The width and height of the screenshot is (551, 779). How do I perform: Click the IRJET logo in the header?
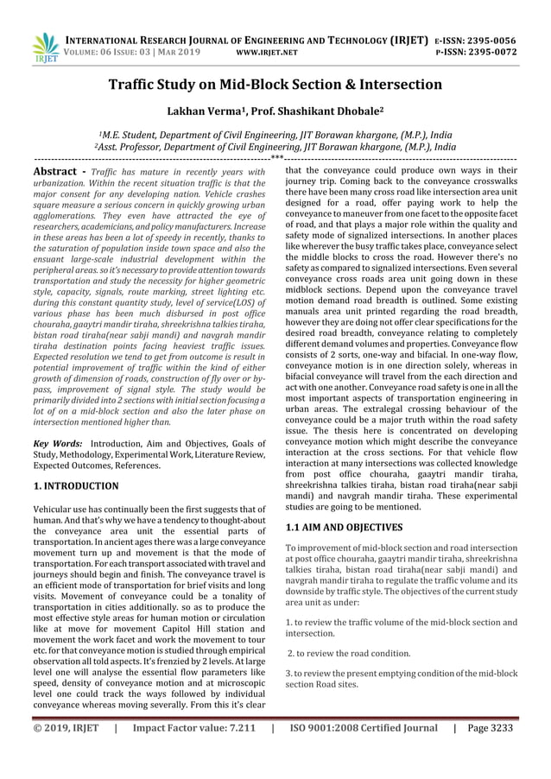point(43,47)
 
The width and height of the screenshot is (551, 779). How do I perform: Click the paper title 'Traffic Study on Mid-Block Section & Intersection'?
point(275,85)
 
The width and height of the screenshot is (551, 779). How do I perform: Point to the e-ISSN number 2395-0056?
point(488,40)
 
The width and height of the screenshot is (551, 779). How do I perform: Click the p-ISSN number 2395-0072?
point(488,52)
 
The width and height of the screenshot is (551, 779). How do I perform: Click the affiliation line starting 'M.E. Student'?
point(275,135)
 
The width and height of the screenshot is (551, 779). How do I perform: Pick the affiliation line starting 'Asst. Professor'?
point(275,147)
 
